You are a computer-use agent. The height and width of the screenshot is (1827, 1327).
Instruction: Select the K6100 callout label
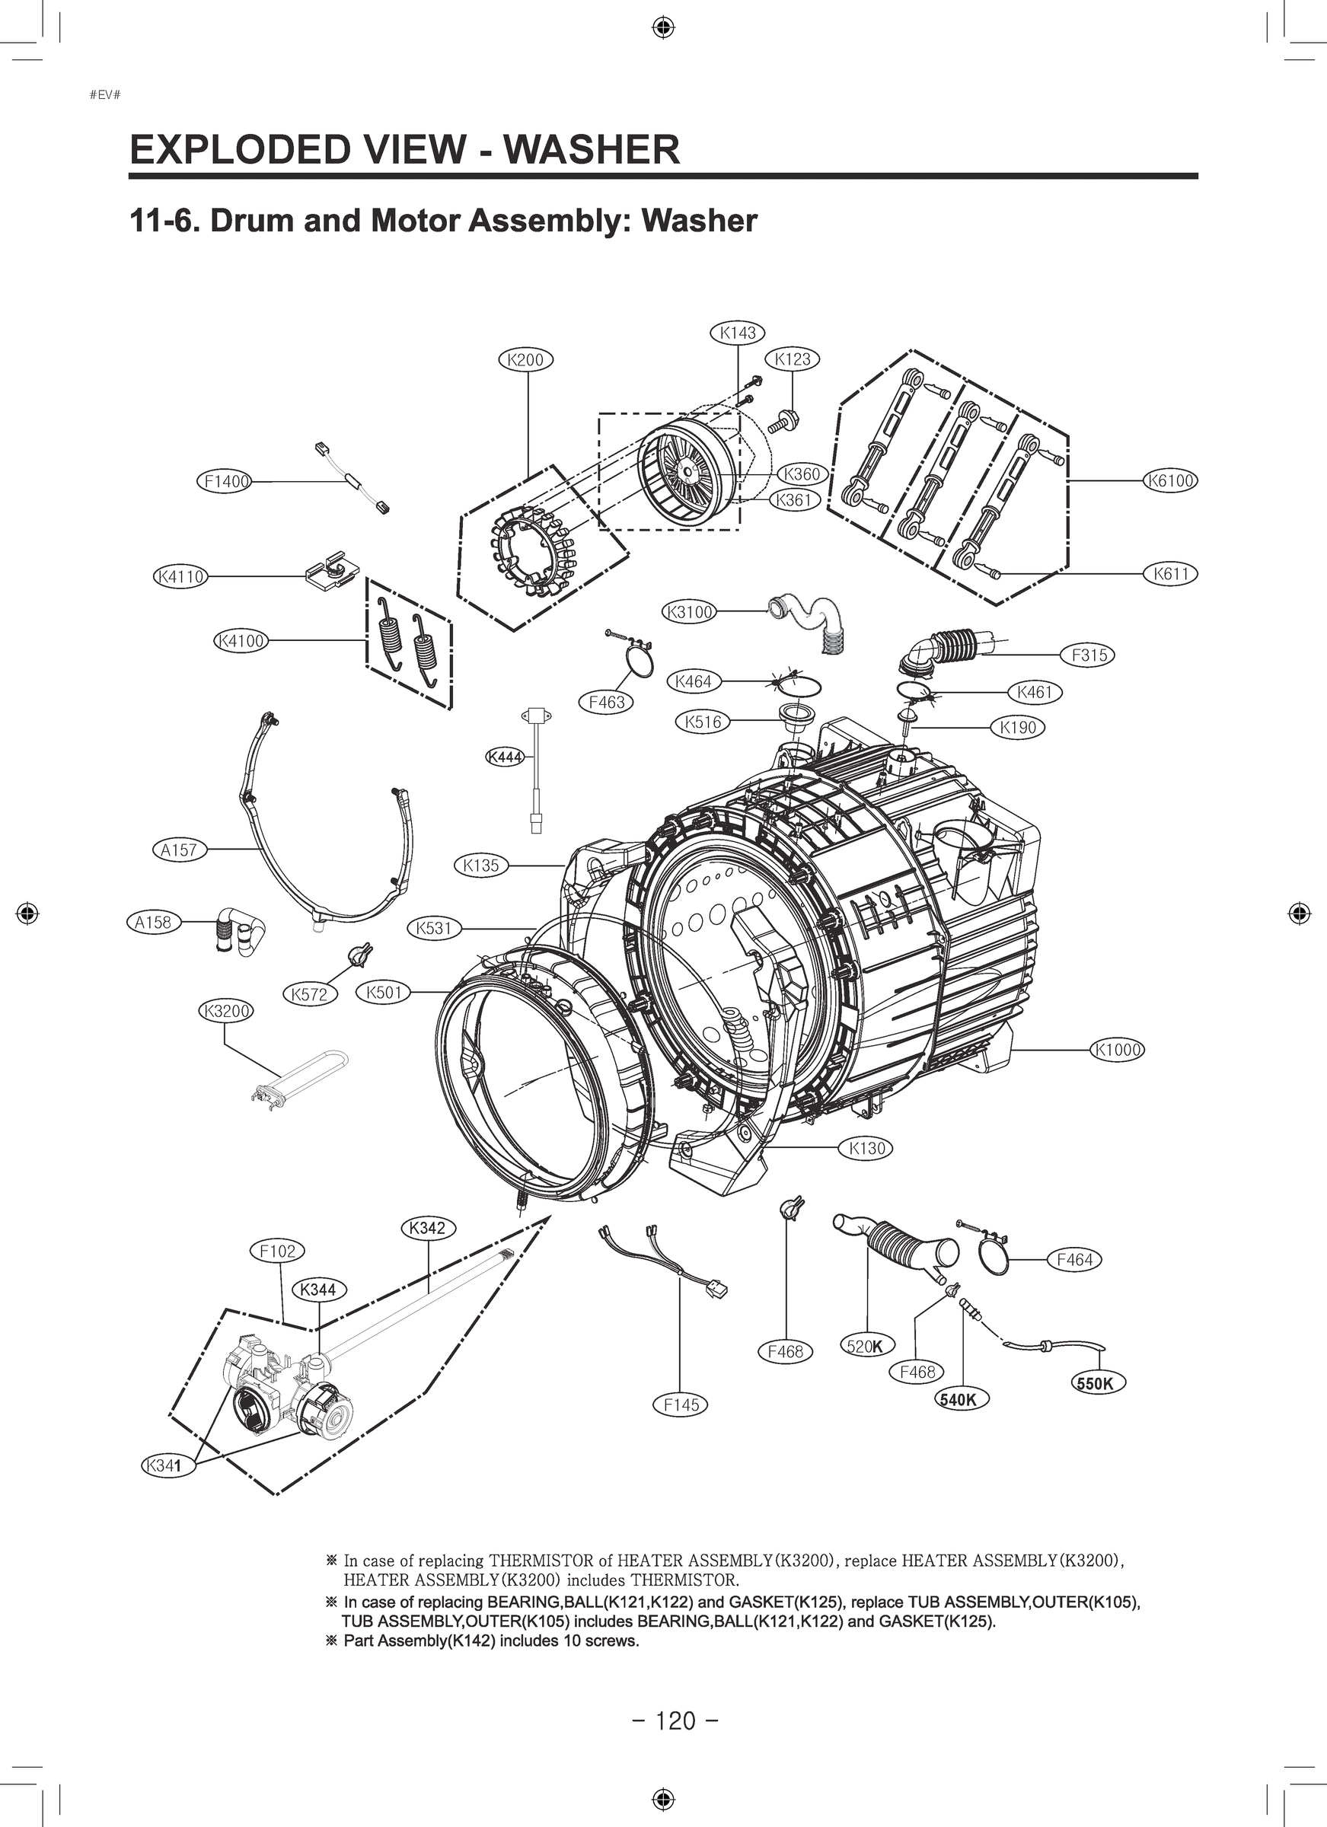[1170, 481]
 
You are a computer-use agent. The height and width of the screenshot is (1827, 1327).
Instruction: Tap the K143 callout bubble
[737, 333]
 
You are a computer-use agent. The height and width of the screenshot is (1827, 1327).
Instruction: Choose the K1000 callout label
[1118, 1050]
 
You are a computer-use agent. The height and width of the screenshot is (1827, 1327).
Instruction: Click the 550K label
[1097, 1384]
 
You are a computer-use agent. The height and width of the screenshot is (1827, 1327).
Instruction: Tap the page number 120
[675, 1720]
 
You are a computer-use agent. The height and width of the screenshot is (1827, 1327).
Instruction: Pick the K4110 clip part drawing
[332, 572]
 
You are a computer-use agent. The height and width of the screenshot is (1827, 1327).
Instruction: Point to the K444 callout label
[506, 757]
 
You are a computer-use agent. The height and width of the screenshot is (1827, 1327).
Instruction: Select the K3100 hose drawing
[810, 617]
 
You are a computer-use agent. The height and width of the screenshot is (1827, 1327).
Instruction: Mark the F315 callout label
[1089, 655]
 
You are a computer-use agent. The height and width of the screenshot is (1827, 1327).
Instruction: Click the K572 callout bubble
[309, 995]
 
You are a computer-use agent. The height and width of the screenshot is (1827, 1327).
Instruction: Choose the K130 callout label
[867, 1149]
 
